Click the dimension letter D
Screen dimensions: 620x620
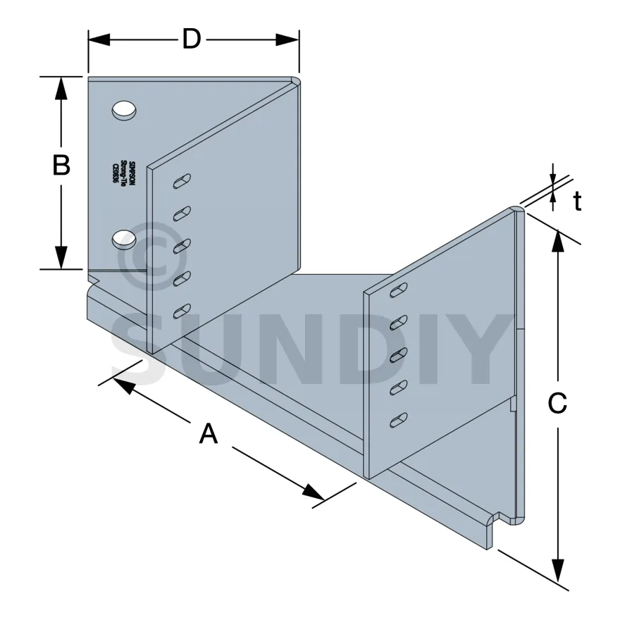[x=192, y=39]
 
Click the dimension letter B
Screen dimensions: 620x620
[x=61, y=166]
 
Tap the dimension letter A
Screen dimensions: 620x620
[x=208, y=433]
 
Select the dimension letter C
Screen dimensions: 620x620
[x=557, y=403]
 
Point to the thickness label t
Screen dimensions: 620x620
[x=577, y=202]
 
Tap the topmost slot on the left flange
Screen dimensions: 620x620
[x=182, y=181]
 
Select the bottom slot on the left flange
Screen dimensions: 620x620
[x=182, y=309]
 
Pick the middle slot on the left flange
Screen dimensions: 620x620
[x=182, y=245]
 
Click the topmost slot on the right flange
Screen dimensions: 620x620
[x=399, y=290]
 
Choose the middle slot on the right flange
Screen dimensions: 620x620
[x=399, y=354]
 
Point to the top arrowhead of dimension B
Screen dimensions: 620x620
[x=61, y=87]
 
